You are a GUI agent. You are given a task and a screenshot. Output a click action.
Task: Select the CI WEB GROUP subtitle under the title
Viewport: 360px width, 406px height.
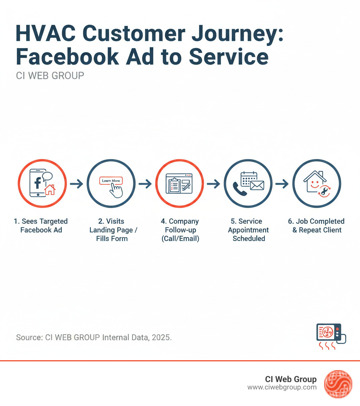[x=50, y=76]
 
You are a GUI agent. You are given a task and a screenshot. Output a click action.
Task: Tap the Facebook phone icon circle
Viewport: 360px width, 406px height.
[x=42, y=183]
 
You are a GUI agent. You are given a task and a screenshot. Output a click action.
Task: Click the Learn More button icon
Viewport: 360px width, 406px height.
[x=111, y=181]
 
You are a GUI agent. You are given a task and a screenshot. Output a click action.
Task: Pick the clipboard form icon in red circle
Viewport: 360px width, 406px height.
[x=179, y=183]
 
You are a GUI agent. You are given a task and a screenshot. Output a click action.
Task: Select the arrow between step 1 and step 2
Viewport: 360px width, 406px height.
[x=76, y=183]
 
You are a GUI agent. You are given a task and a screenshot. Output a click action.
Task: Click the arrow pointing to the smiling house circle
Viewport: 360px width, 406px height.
[x=282, y=183]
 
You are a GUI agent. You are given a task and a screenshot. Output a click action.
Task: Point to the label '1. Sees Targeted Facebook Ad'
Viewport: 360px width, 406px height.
[x=41, y=226]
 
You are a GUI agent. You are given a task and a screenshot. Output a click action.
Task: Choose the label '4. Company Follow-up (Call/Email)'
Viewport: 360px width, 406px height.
[x=180, y=230]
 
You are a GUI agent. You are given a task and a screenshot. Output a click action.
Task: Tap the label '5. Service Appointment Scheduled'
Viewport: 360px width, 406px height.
[x=249, y=230]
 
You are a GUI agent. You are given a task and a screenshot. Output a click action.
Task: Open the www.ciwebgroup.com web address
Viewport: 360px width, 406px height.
[x=282, y=387]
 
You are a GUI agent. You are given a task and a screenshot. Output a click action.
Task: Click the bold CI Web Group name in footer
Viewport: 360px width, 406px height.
[x=291, y=379]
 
